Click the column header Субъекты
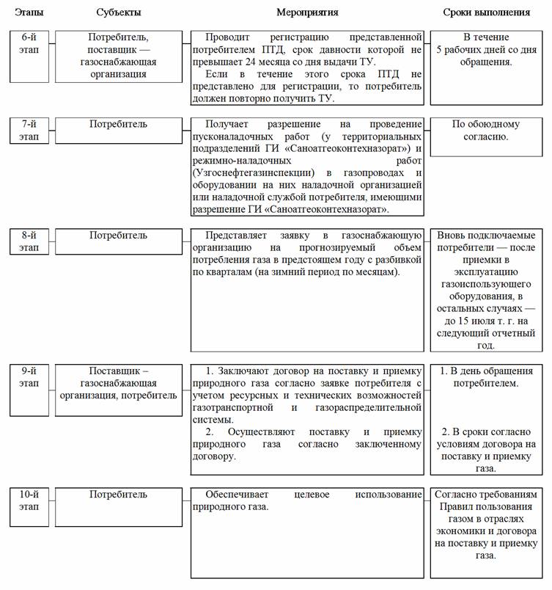[x=118, y=12]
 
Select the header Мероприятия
[x=306, y=12]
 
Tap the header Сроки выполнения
[x=486, y=12]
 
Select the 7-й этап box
[x=31, y=130]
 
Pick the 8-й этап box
[x=31, y=241]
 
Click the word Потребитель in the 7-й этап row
[x=118, y=124]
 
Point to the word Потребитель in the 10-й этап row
[x=118, y=494]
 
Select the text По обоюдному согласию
[x=486, y=131]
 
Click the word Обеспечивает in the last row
[x=236, y=494]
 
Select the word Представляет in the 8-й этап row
[x=238, y=235]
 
